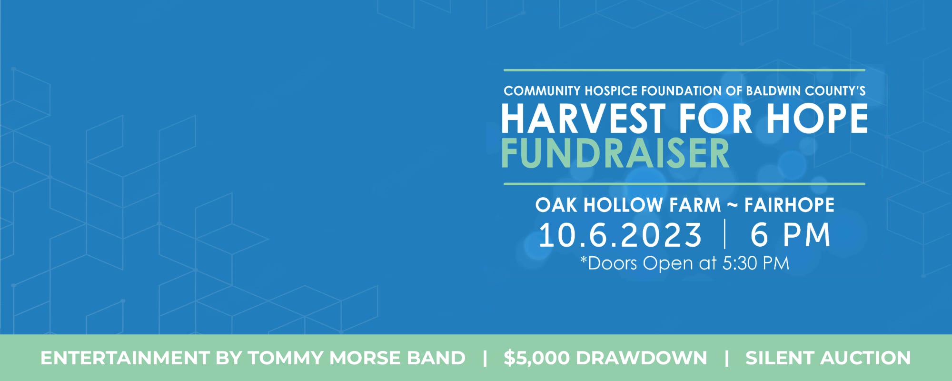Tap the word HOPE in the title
817,119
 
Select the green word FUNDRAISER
615,153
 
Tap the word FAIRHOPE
789,205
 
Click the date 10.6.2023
620,235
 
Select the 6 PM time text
791,235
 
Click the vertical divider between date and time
725,234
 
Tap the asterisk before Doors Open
584,260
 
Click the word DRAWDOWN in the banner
642,358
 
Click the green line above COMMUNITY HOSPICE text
684,70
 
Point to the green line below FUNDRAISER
684,184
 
